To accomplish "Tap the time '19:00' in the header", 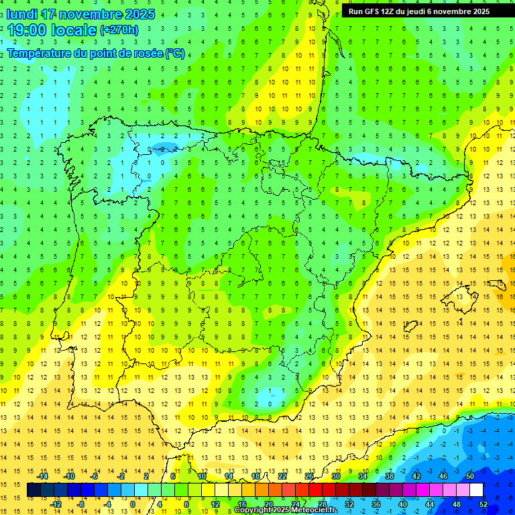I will coord(27,30).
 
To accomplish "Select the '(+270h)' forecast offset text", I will coord(119,30).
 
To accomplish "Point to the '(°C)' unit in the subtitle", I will coord(175,54).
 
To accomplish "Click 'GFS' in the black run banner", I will coord(375,11).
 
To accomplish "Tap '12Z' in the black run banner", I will coord(393,11).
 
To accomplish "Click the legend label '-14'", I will coord(44,476).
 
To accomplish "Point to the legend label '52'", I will coord(483,504).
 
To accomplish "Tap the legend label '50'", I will coord(470,476).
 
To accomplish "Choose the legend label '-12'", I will coord(56,504).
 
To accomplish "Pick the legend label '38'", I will coord(389,476).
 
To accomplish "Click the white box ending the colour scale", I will coord(476,490).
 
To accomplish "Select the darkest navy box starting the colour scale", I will coord(34,490).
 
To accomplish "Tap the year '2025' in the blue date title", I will coord(137,14).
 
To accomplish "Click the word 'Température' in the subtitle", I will coord(40,54).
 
